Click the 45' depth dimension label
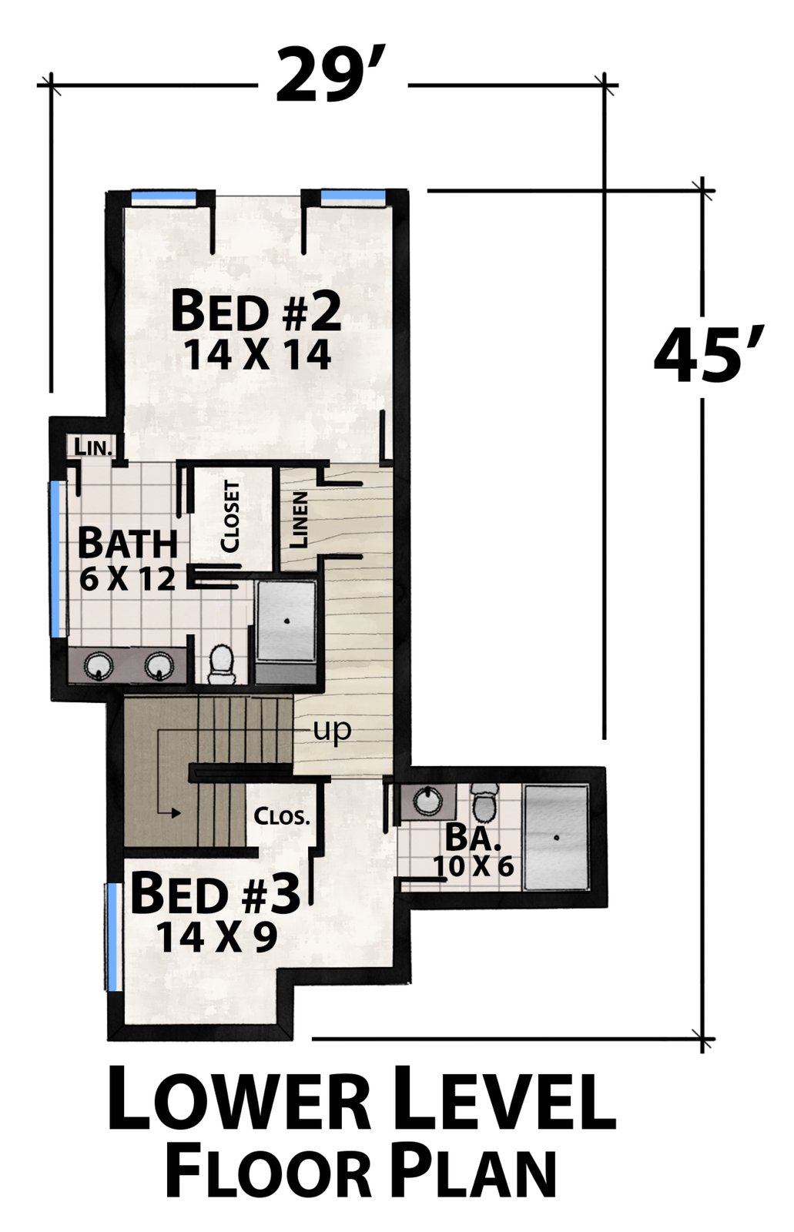pos(709,356)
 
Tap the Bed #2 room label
pos(256,312)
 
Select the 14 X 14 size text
pos(257,354)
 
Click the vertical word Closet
pos(230,517)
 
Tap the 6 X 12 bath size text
pos(127,579)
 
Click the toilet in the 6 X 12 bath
pos(222,665)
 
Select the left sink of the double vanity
pos(99,665)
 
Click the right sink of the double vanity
pos(159,665)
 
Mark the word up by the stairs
pos(332,731)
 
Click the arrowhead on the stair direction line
pos(176,813)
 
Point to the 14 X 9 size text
pos(216,936)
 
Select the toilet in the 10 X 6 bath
pos(485,804)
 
